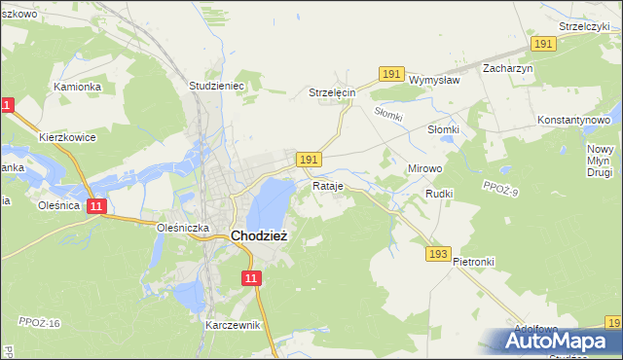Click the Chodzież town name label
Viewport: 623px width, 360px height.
pyautogui.click(x=258, y=235)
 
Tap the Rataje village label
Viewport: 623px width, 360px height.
pyautogui.click(x=329, y=185)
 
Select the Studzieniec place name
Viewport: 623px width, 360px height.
pyautogui.click(x=215, y=86)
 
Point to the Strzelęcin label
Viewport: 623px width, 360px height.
pyautogui.click(x=332, y=92)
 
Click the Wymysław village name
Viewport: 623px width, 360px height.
pyautogui.click(x=433, y=80)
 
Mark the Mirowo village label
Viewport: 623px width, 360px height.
pyautogui.click(x=423, y=168)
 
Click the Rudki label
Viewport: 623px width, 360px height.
pyautogui.click(x=439, y=194)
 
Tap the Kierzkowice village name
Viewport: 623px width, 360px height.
pyautogui.click(x=66, y=138)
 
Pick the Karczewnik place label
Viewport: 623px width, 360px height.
pyautogui.click(x=233, y=325)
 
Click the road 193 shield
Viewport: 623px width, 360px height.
pyautogui.click(x=437, y=254)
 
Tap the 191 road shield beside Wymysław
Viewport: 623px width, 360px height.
pyautogui.click(x=391, y=74)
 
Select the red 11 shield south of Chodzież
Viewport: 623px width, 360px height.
pyautogui.click(x=252, y=278)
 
